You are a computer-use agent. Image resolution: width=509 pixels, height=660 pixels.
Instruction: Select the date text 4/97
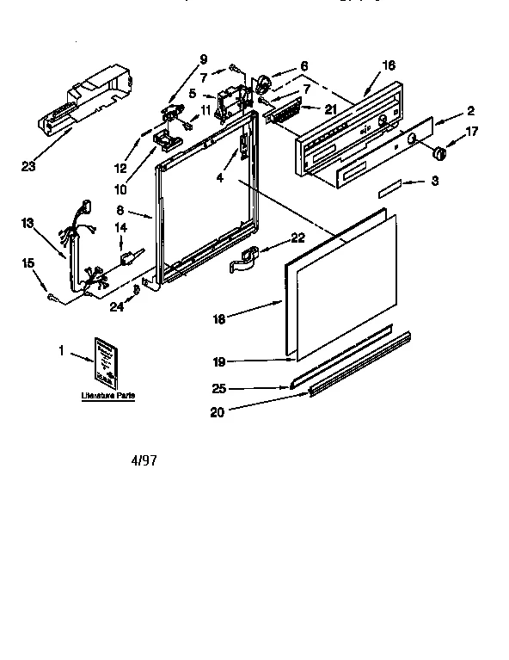click(144, 460)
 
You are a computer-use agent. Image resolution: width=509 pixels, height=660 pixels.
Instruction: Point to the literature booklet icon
click(107, 362)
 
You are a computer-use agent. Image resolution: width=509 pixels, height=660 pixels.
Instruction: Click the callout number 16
click(389, 65)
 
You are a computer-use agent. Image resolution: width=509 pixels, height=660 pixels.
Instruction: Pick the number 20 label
click(218, 412)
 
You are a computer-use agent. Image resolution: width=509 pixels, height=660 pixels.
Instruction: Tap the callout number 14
click(120, 227)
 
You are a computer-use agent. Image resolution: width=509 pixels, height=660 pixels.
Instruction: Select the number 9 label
click(203, 59)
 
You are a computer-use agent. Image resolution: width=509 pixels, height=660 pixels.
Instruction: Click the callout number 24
click(116, 305)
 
